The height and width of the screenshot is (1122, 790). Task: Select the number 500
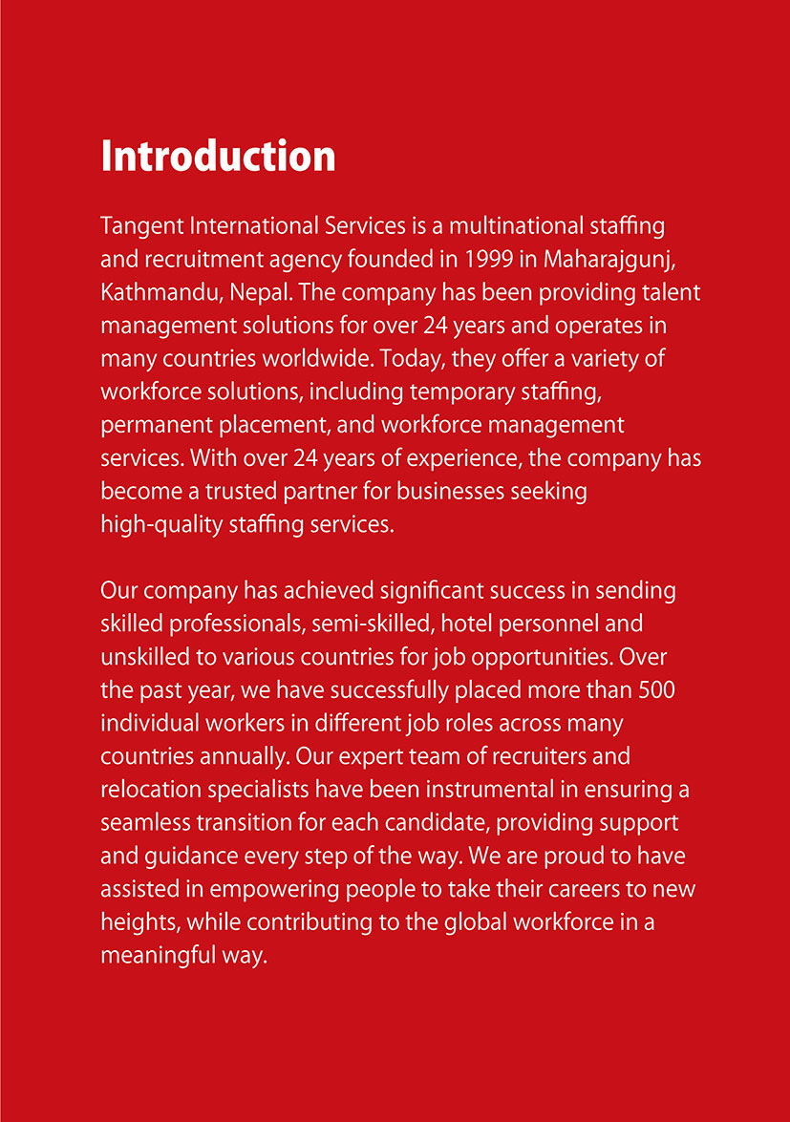[x=657, y=689]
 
